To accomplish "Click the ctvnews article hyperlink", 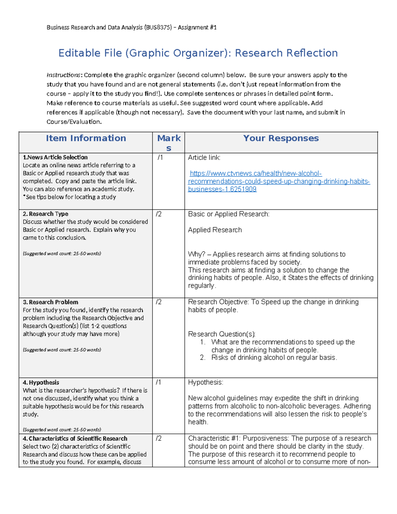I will [279, 181].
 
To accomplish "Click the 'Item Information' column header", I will [86, 138].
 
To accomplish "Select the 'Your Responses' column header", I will [281, 138].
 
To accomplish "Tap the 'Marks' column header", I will [169, 143].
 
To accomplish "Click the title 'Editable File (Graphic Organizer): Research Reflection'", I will [198, 53].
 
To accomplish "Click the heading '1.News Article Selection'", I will [55, 158].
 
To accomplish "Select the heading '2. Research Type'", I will [46, 214].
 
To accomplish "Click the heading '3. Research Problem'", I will [51, 302].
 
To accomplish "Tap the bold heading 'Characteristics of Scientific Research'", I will [78, 439].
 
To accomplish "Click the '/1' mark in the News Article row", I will [160, 158].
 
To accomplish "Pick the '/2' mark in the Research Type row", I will [159, 214].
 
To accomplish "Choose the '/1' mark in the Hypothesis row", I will [159, 383].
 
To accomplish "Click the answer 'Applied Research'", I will [215, 230].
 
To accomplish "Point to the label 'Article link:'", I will [204, 158].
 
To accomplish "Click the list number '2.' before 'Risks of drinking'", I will [203, 358].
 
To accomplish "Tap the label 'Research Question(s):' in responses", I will [222, 334].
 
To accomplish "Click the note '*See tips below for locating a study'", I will [69, 197].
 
